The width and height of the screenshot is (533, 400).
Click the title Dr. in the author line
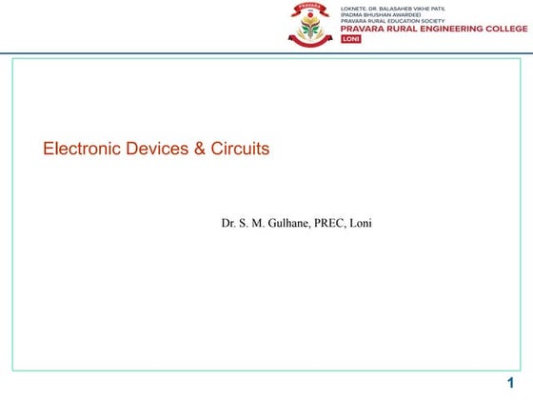pos(228,225)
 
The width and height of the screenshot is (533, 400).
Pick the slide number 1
pos(510,383)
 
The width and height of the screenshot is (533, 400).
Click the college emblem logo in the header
pos(308,24)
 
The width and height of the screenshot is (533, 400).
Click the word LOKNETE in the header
pos(354,8)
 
